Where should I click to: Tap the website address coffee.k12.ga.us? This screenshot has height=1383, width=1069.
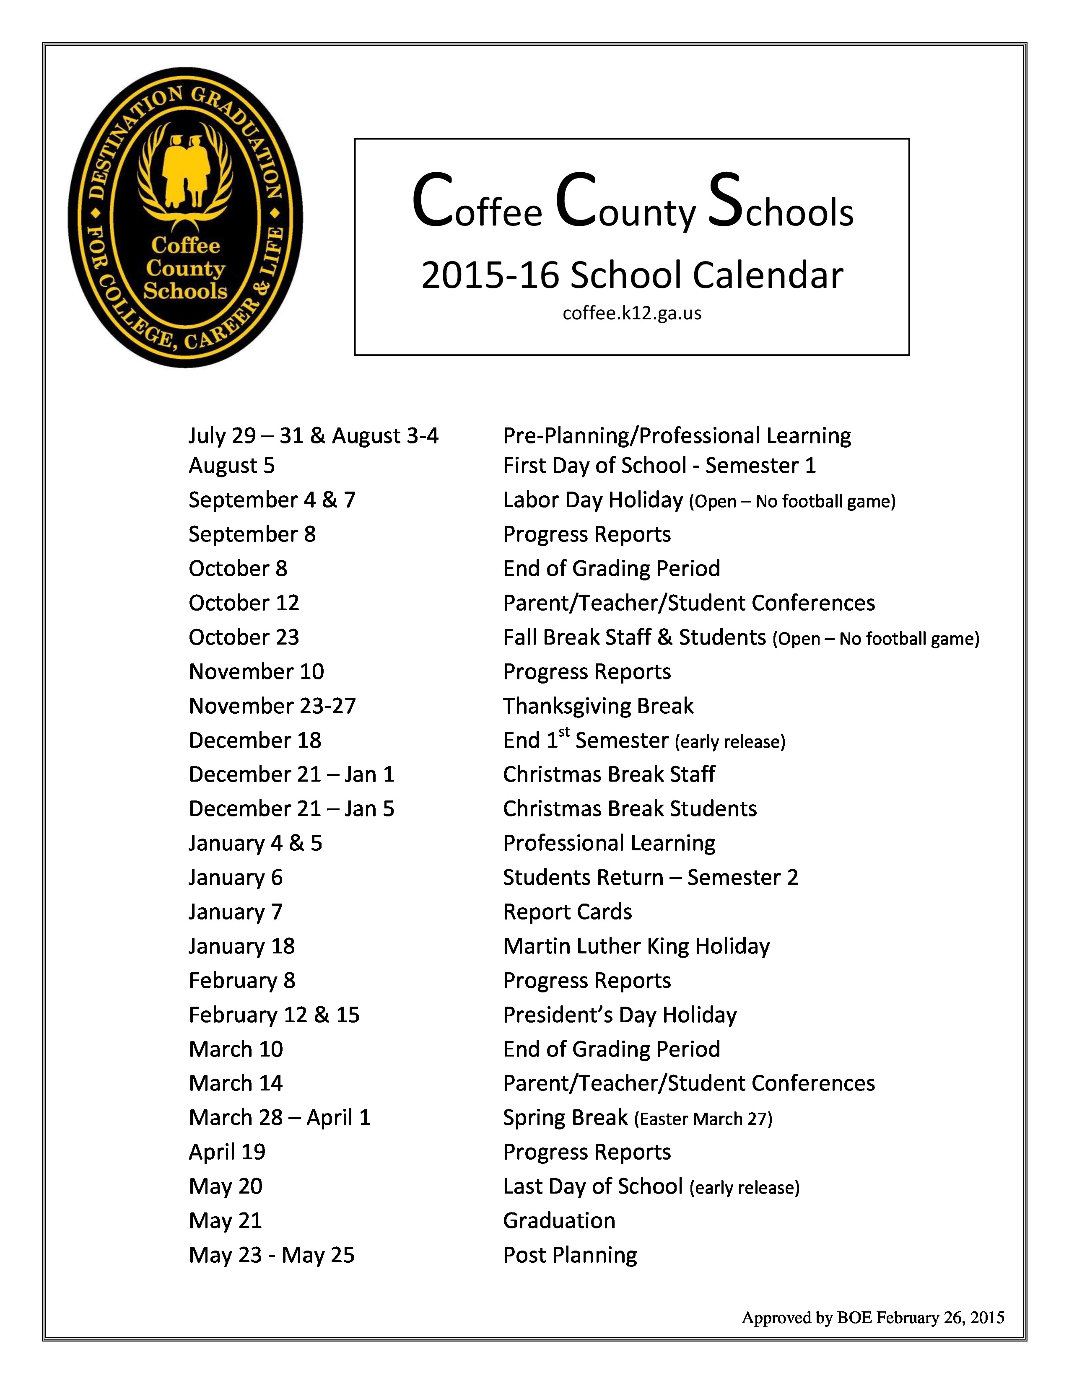tap(631, 313)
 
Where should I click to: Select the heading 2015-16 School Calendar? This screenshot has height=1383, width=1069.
tap(631, 275)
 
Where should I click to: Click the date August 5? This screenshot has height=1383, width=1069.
tap(232, 466)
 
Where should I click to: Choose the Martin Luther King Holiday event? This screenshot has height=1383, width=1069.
tap(636, 946)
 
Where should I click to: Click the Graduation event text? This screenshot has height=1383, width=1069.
tap(558, 1220)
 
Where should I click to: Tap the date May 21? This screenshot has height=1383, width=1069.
tap(226, 1220)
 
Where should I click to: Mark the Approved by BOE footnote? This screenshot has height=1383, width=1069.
tap(873, 1318)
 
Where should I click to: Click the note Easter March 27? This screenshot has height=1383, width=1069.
tap(703, 1119)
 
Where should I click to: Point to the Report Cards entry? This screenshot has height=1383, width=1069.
tap(567, 912)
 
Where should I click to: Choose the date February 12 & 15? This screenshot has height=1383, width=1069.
tap(274, 1015)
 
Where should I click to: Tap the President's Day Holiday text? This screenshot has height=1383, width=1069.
tap(619, 1015)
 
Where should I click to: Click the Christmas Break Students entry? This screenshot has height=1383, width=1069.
tap(630, 809)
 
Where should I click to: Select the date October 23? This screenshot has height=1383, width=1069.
tap(244, 637)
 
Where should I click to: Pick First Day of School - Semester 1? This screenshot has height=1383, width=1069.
tap(659, 466)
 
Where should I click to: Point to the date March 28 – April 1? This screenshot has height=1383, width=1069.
tap(279, 1118)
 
